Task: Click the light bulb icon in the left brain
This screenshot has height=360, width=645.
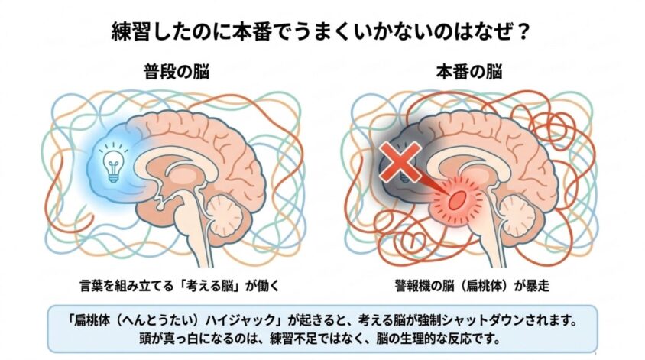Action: [114, 164]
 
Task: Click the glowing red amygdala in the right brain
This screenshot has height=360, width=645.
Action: [456, 200]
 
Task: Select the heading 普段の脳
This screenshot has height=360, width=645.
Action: [177, 72]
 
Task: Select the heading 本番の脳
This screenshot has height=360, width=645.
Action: [469, 72]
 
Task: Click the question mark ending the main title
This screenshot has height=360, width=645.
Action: [523, 32]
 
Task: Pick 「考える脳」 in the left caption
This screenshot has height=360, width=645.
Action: [210, 286]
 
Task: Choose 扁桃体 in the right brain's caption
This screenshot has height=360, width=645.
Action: [485, 286]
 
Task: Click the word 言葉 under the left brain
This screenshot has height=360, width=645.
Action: [92, 286]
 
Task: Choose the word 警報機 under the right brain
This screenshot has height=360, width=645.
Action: [413, 286]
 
